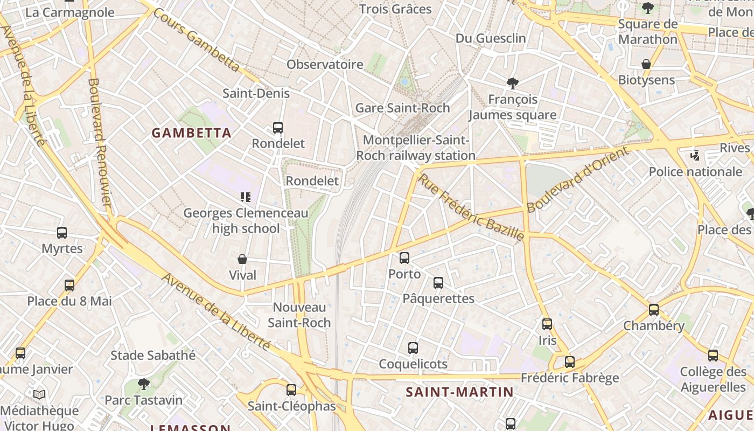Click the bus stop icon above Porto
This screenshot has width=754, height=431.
pyautogui.click(x=404, y=258)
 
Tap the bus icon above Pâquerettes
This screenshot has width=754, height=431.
pyautogui.click(x=438, y=283)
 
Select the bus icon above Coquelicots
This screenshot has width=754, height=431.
pyautogui.click(x=413, y=348)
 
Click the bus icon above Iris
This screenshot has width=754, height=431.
pyautogui.click(x=547, y=324)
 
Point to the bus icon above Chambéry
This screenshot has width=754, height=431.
pyautogui.click(x=654, y=310)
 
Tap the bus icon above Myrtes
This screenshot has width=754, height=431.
pyautogui.click(x=62, y=233)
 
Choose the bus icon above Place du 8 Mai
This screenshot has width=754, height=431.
pyautogui.click(x=69, y=286)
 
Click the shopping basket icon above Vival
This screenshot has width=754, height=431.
pyautogui.click(x=242, y=259)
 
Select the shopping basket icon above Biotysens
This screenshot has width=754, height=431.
pyautogui.click(x=646, y=64)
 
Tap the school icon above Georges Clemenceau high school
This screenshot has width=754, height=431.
pyautogui.click(x=246, y=197)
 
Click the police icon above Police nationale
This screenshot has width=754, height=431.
pyautogui.click(x=695, y=156)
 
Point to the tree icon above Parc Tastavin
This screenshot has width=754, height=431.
pyautogui.click(x=143, y=384)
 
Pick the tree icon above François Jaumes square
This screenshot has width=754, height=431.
pyautogui.click(x=513, y=84)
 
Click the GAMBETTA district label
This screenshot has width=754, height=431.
pyautogui.click(x=191, y=133)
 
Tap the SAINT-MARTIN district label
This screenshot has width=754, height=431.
pyautogui.click(x=459, y=392)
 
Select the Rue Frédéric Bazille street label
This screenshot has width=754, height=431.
pyautogui.click(x=471, y=207)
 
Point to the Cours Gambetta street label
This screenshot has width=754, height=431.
pyautogui.click(x=196, y=40)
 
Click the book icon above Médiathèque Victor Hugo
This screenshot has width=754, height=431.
pyautogui.click(x=39, y=395)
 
